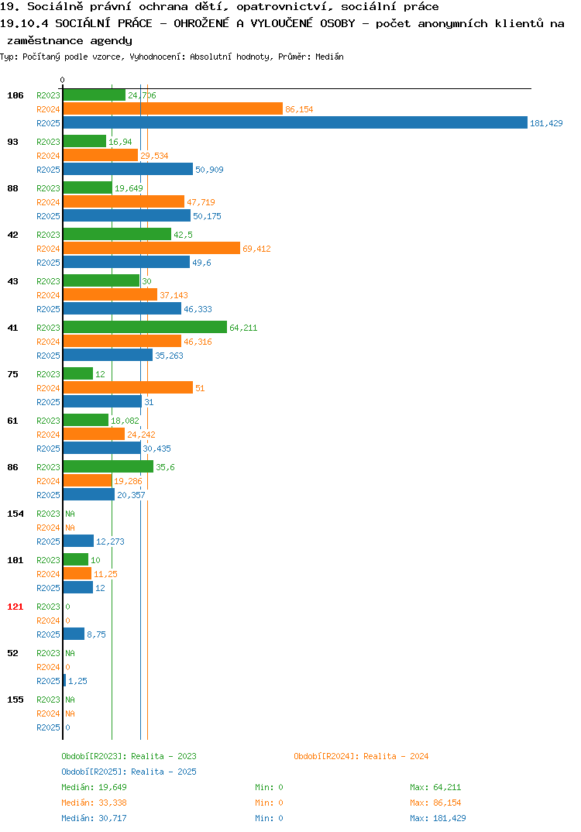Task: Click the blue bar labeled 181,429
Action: (x=296, y=122)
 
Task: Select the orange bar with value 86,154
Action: (x=173, y=108)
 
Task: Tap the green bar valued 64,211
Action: (x=146, y=328)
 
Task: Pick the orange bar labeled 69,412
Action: (x=152, y=249)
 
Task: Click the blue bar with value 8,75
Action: (x=74, y=634)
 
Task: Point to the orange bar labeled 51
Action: (x=129, y=388)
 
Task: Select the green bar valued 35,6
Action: (x=108, y=467)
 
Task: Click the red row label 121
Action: (x=15, y=607)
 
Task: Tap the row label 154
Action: (x=15, y=514)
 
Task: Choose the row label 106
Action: (x=15, y=95)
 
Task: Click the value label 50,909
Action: (x=210, y=170)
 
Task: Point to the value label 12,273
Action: (x=110, y=541)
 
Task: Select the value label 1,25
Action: (x=77, y=681)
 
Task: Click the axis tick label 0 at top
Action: (x=62, y=80)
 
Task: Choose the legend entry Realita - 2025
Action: (x=164, y=772)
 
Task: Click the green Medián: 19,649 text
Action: (x=94, y=787)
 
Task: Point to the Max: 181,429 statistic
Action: (x=438, y=818)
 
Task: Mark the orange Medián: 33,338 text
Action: (x=94, y=803)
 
